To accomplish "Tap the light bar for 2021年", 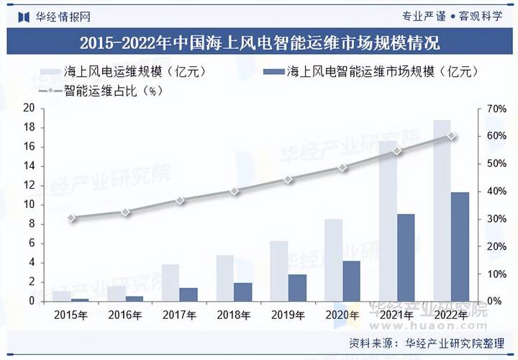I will click(387, 220).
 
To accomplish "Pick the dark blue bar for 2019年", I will click(297, 287).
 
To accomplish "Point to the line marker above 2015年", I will click(71, 217).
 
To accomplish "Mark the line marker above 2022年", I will click(451, 135).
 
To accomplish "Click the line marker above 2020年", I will click(342, 167).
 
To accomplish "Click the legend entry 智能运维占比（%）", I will click(104, 91).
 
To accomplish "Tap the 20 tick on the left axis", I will click(29, 108).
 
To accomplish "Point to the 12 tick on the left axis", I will click(29, 185).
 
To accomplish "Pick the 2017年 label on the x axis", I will click(179, 315).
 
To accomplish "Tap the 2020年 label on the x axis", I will click(342, 315).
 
